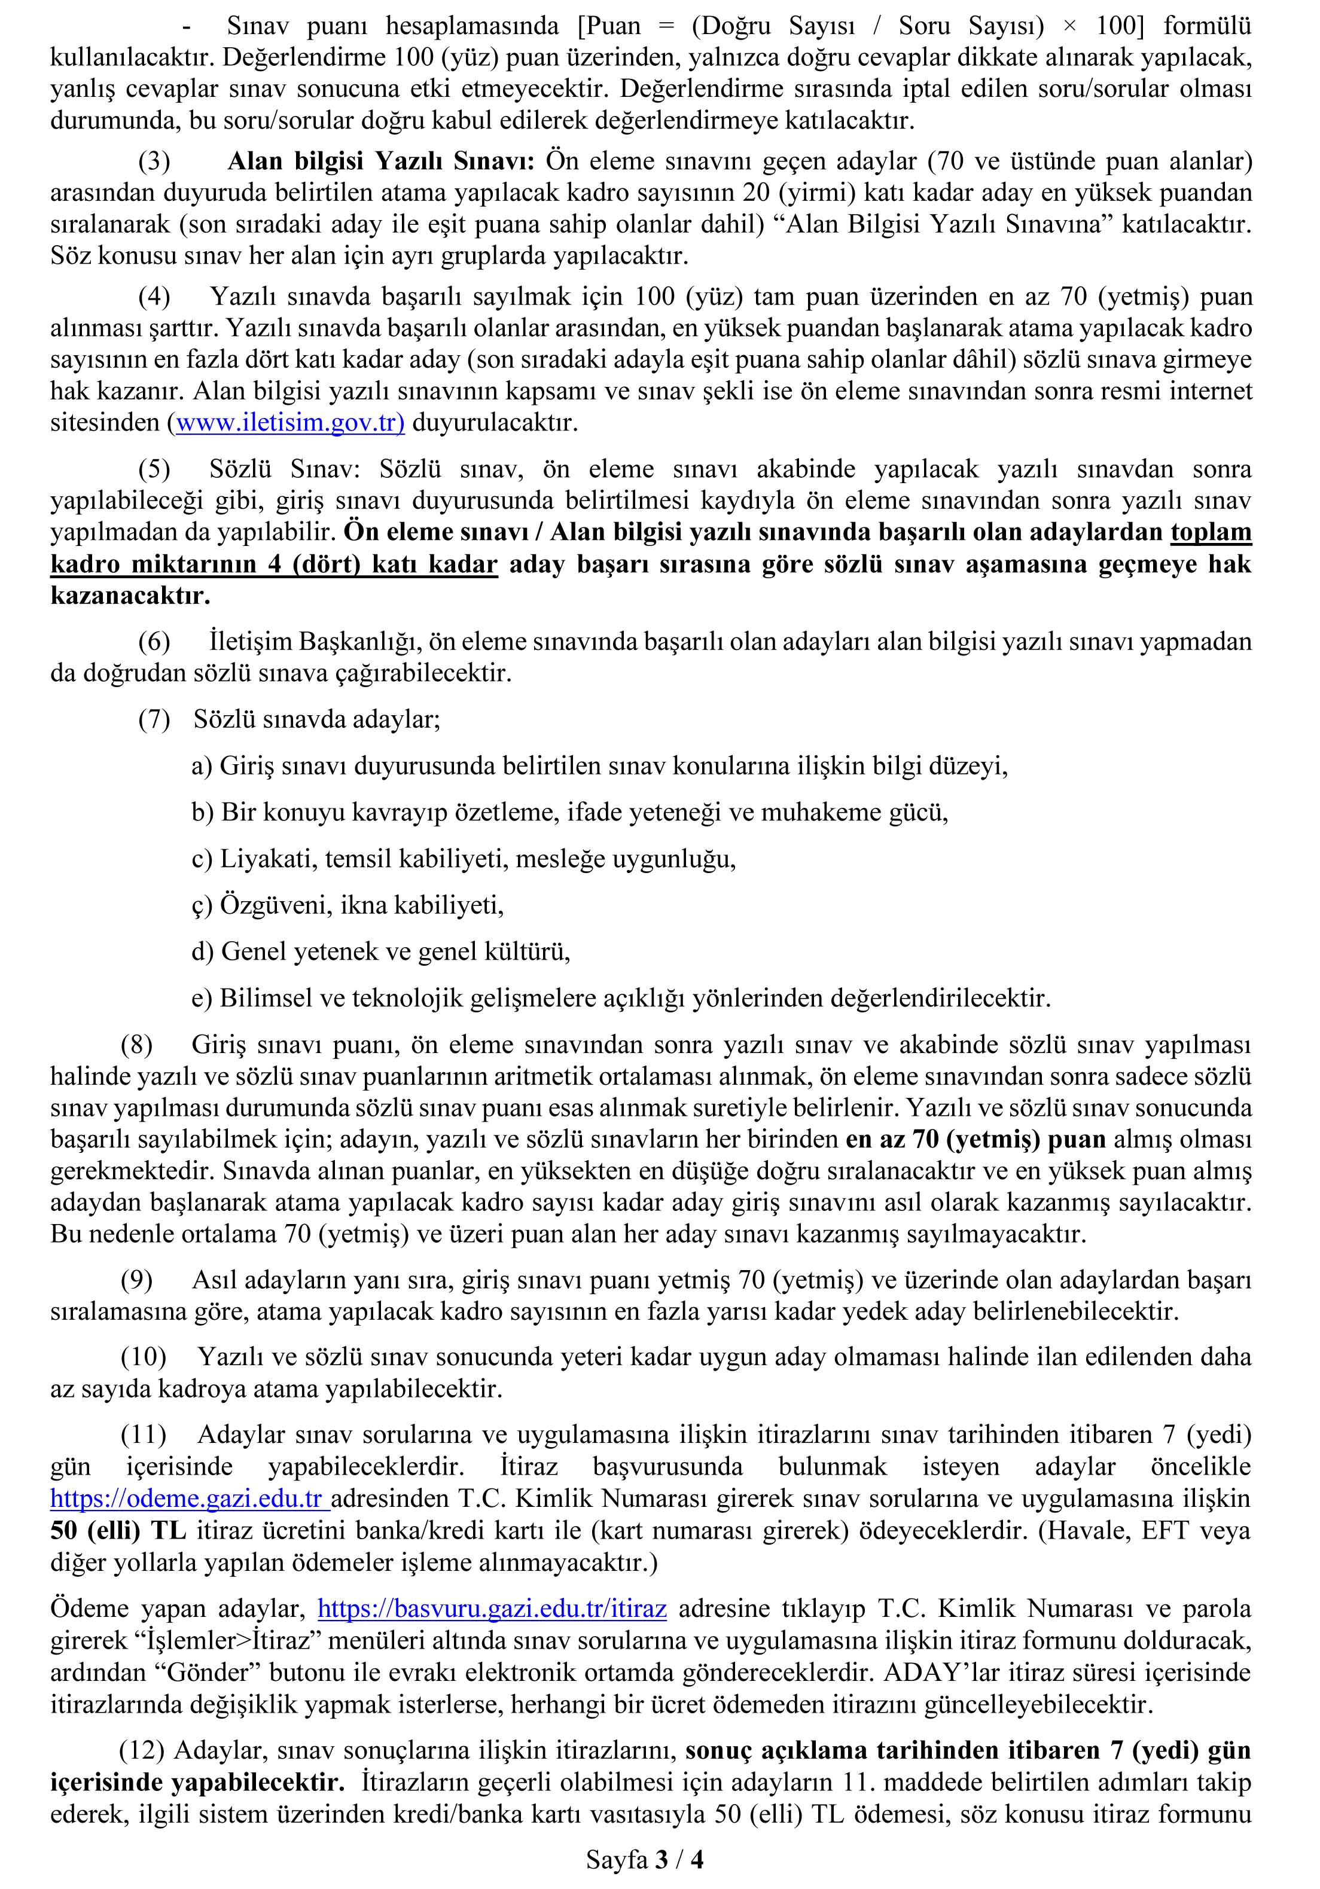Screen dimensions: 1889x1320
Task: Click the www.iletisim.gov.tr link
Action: pyautogui.click(x=289, y=423)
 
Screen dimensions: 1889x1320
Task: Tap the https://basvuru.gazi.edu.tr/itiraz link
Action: pyautogui.click(x=491, y=1609)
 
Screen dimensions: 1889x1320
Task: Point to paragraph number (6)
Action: pyautogui.click(x=154, y=642)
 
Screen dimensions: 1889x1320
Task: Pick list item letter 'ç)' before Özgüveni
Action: pyautogui.click(x=202, y=906)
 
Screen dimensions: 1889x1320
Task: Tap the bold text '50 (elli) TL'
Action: pyautogui.click(x=118, y=1530)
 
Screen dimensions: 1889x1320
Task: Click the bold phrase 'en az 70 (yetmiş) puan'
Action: pyautogui.click(x=975, y=1140)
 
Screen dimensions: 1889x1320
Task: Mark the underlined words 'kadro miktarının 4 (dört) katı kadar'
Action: pyautogui.click(x=274, y=564)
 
